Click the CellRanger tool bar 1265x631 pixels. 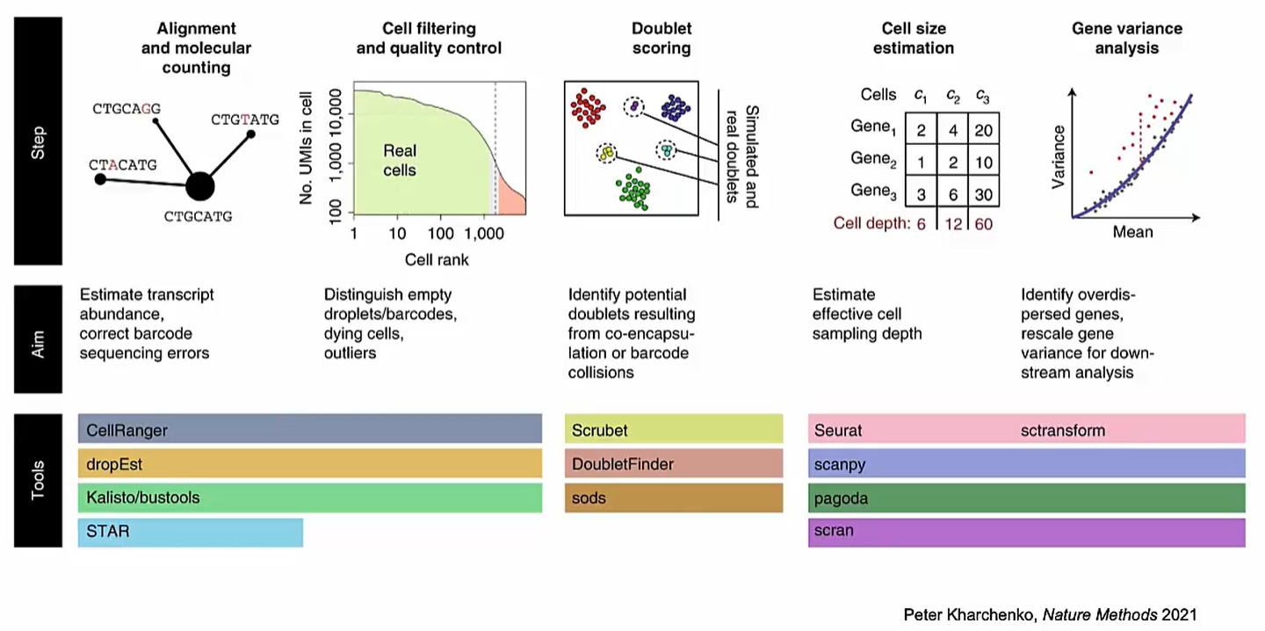point(309,430)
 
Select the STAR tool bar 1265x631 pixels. point(190,533)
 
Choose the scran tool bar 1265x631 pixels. point(1025,532)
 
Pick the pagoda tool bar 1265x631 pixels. point(1025,498)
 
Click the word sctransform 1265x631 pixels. point(1063,431)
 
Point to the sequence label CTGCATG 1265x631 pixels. point(198,216)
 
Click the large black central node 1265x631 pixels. point(200,186)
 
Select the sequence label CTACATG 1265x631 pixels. point(123,164)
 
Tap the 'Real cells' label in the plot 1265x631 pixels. point(400,159)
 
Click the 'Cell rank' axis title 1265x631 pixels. point(437,260)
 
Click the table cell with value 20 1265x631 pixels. point(983,130)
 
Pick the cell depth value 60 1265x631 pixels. point(983,224)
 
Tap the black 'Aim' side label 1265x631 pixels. point(38,338)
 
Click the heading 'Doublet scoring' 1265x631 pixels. point(661,38)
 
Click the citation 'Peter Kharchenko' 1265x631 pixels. point(961,614)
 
